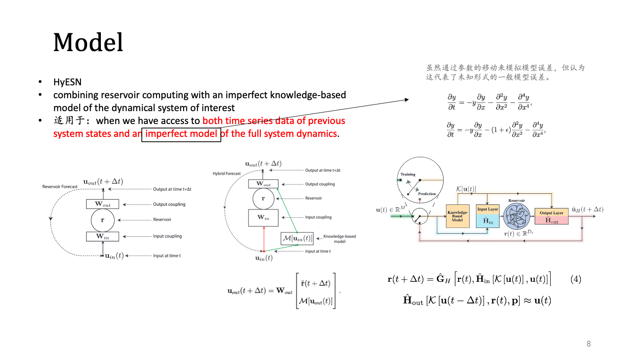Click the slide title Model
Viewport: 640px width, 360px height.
(x=88, y=43)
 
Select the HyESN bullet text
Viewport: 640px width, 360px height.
(x=67, y=82)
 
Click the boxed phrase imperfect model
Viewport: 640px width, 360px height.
(x=181, y=134)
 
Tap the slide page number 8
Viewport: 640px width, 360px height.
(x=589, y=344)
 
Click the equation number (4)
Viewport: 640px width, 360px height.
(x=576, y=280)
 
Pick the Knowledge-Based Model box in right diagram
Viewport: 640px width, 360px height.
(x=457, y=216)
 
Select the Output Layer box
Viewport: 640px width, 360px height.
(x=551, y=216)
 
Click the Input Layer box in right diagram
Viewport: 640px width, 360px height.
(x=488, y=216)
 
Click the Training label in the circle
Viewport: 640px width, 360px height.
(x=408, y=174)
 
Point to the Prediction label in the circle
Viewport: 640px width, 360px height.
(x=427, y=194)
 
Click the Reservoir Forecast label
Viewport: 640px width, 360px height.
(x=60, y=187)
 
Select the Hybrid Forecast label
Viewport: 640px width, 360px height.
(x=227, y=173)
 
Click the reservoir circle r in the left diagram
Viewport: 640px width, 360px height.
(x=103, y=220)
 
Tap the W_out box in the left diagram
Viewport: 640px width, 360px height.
(x=103, y=204)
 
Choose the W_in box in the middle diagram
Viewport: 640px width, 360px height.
(x=263, y=218)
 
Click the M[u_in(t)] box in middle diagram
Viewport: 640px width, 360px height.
(x=297, y=239)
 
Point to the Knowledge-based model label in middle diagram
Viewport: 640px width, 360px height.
(x=340, y=239)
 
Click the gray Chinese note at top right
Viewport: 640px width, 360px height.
(x=505, y=72)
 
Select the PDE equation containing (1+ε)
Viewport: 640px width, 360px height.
(x=496, y=129)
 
